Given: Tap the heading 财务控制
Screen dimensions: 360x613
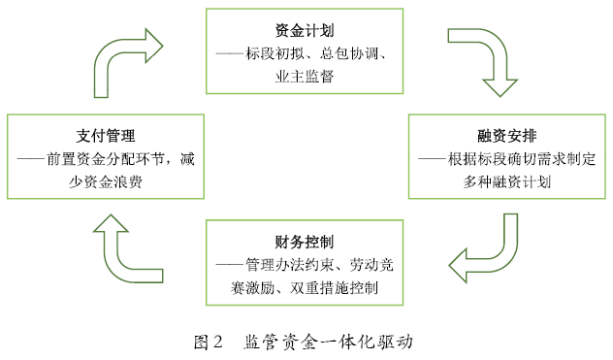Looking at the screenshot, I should (305, 242).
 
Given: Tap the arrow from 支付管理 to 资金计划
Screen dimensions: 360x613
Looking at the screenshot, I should (125, 52).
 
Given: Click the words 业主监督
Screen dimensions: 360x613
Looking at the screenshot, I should (304, 75).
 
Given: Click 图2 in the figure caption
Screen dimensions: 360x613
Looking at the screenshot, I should (209, 341).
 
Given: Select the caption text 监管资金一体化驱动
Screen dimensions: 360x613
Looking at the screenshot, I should (329, 341).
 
